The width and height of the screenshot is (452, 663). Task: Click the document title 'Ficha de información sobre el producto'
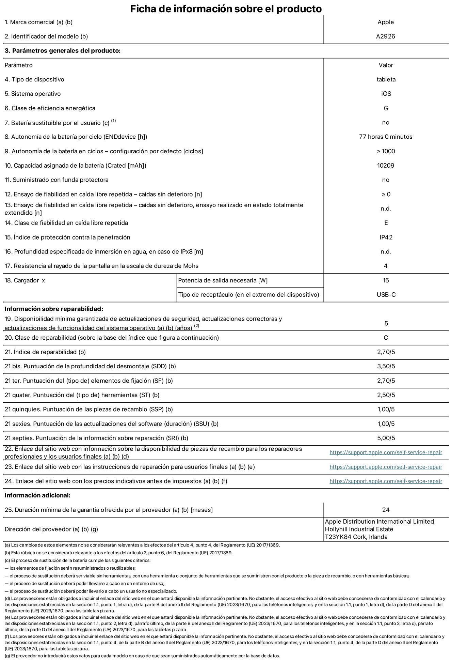click(x=226, y=9)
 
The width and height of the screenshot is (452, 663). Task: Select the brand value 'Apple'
click(x=386, y=22)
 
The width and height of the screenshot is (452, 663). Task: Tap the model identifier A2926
click(x=386, y=36)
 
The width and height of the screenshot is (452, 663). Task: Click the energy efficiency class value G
click(x=386, y=108)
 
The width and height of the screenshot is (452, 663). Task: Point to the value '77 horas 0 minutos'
click(x=386, y=137)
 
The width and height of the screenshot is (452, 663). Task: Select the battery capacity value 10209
click(x=386, y=166)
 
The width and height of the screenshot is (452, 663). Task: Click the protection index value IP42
click(x=386, y=237)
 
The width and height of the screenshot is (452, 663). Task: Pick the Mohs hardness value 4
click(x=386, y=266)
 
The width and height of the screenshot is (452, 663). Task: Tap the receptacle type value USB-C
click(x=386, y=295)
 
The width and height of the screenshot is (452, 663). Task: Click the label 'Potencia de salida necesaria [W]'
click(x=223, y=280)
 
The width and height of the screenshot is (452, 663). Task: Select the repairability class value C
click(x=386, y=338)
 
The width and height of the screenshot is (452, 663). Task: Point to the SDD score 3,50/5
click(x=386, y=366)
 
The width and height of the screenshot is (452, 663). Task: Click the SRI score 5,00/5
click(x=386, y=438)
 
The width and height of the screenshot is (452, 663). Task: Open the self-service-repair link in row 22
click(x=386, y=452)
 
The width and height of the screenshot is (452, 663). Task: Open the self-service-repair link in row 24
click(x=386, y=481)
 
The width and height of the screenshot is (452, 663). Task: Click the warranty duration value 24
click(x=386, y=510)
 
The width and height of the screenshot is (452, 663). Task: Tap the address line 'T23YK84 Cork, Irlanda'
click(x=356, y=537)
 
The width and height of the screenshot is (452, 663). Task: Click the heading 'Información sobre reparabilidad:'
click(x=54, y=309)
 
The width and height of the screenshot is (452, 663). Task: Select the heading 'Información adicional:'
click(x=37, y=495)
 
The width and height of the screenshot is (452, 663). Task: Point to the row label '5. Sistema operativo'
click(x=33, y=94)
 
